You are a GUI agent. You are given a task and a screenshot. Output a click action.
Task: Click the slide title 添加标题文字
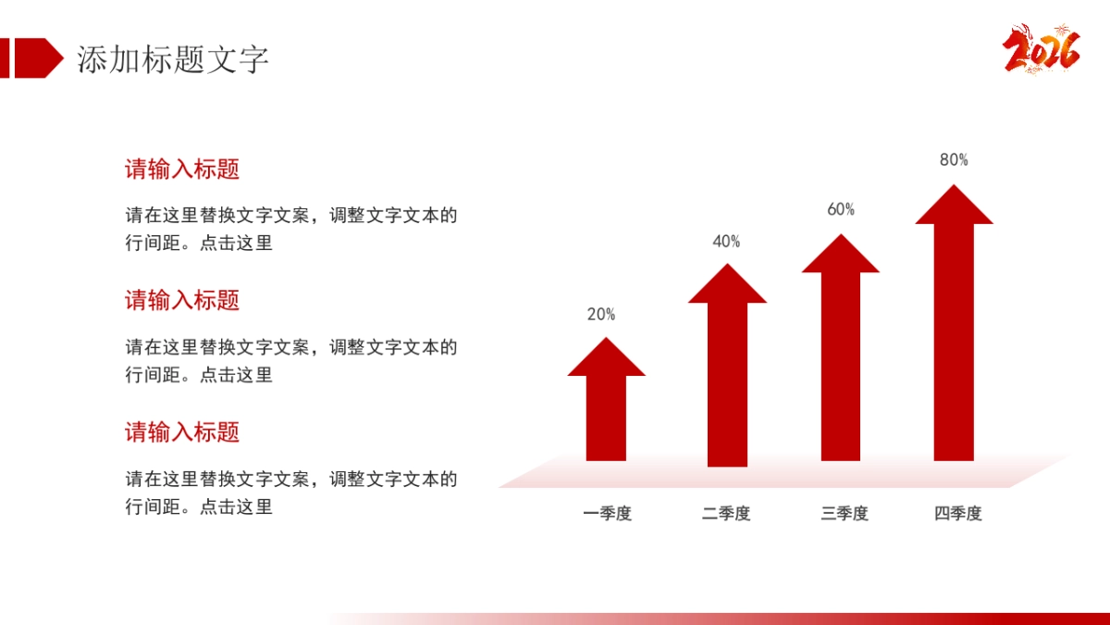[x=173, y=59]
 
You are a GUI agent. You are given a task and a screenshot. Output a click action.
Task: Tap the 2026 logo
[x=1042, y=49]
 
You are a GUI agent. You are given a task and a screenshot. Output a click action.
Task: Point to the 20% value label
[x=601, y=314]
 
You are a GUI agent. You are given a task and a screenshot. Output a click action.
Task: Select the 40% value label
[x=726, y=242]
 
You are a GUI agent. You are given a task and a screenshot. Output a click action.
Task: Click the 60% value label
[x=841, y=209]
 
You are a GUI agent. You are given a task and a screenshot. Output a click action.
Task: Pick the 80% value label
[x=954, y=159]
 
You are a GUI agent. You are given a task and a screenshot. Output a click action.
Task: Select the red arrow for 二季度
[x=727, y=370]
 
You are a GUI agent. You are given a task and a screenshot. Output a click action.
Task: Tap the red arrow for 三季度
[x=841, y=352]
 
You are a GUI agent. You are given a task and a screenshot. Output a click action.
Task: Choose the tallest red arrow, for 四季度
[x=954, y=324]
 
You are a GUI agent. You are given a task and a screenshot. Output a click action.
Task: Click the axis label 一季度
[x=607, y=513]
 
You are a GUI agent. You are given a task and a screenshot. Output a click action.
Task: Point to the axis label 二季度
[x=726, y=513]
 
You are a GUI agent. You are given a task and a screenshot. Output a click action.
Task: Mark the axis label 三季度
[x=845, y=513]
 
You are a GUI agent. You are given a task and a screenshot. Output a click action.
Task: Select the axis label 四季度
[x=957, y=513]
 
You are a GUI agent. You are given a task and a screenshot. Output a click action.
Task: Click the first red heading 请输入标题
[x=182, y=169]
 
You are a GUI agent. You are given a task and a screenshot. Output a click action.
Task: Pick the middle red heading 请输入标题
[x=182, y=300]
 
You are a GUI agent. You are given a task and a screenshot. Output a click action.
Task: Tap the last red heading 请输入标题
[x=182, y=431]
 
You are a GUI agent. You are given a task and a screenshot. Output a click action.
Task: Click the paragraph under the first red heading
[x=291, y=230]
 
